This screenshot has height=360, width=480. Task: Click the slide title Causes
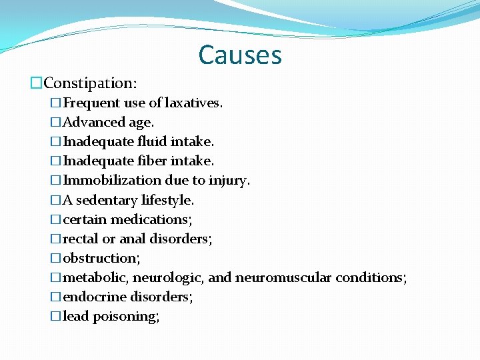click(x=240, y=55)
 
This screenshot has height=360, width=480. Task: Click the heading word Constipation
click(x=89, y=83)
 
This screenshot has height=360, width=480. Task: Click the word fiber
click(x=153, y=161)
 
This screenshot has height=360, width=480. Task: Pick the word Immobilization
click(x=112, y=180)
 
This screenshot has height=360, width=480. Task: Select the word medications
click(x=150, y=219)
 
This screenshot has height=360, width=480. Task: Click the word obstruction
click(x=100, y=258)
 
